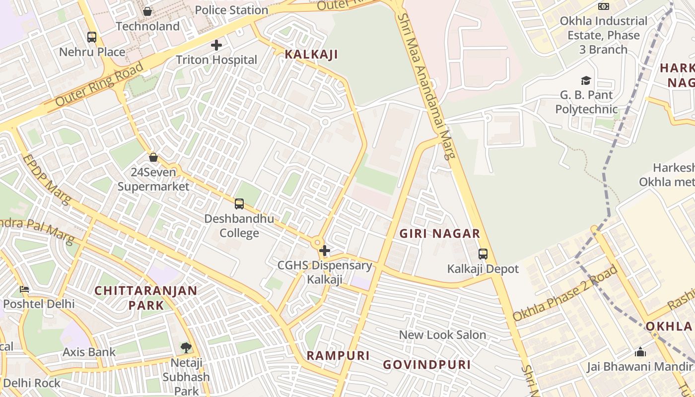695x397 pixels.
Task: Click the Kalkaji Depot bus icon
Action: [x=483, y=254]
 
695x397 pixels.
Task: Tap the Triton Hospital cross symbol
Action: [x=216, y=45]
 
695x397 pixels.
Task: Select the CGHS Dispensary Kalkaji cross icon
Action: [x=324, y=251]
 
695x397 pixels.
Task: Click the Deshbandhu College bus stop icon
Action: [x=239, y=204]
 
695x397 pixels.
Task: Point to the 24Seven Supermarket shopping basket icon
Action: [x=153, y=157]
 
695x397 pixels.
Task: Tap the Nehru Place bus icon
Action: [x=92, y=37]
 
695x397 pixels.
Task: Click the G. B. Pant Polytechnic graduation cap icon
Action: [x=586, y=80]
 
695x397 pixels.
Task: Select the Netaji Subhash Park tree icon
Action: [x=186, y=347]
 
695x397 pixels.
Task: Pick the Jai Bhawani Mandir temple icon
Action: [x=640, y=352]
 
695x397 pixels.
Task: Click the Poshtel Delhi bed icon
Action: [x=24, y=289]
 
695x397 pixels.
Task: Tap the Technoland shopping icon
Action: [x=147, y=11]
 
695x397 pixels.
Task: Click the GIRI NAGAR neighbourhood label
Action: [x=440, y=234]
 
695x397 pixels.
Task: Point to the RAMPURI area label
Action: [x=338, y=355]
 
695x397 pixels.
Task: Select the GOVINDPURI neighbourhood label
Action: [x=426, y=365]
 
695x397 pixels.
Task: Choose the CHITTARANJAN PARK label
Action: [x=146, y=297]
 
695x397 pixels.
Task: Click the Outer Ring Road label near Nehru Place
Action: [x=99, y=84]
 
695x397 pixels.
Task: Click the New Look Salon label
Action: [x=442, y=335]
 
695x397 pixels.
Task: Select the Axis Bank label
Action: [x=89, y=352]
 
